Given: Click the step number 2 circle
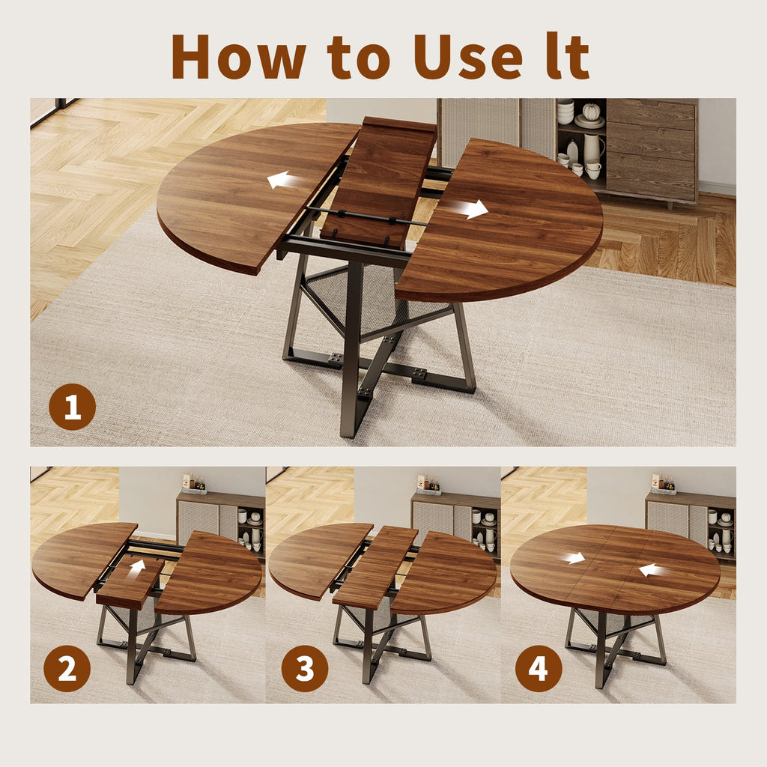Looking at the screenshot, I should pos(67,668).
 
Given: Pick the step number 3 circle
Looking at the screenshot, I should pos(304,668).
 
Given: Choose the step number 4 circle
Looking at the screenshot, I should pos(539,668).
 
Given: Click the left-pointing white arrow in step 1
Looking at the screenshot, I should pos(279,180).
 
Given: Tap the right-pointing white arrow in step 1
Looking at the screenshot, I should pos(474,210).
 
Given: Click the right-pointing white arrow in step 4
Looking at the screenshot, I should pos(574,558).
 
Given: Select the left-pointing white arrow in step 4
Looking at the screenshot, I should pos(650,570).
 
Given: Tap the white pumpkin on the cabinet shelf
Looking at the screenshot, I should pos(592,112).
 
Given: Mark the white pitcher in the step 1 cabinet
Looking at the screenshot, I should pos(592,148).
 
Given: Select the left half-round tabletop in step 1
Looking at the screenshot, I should pos(240,195).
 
